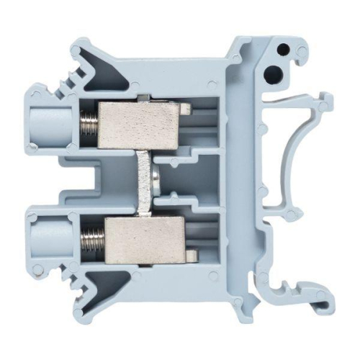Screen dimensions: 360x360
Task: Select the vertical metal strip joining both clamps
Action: [x=143, y=180]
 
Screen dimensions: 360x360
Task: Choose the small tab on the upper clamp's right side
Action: [x=186, y=109]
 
